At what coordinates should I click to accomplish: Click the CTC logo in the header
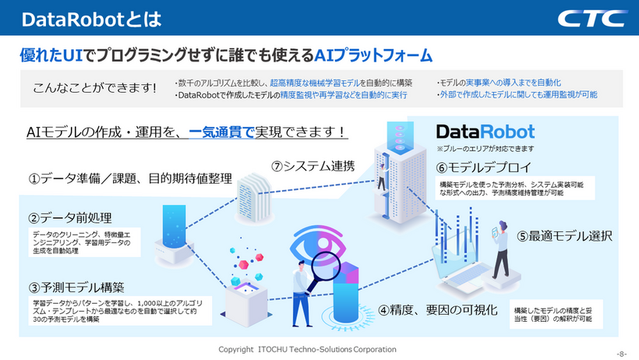(592, 19)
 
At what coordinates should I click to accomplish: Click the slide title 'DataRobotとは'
(92, 19)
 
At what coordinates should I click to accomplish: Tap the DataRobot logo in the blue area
(485, 132)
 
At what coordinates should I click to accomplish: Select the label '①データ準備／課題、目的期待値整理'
(130, 178)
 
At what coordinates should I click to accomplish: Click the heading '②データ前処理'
(69, 218)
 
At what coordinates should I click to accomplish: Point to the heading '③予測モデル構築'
(76, 288)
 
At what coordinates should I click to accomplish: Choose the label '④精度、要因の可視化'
(438, 310)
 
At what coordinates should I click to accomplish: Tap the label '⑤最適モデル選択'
(564, 236)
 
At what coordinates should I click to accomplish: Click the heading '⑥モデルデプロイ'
(484, 168)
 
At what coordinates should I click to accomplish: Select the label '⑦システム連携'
(313, 166)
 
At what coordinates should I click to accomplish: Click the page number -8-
(622, 354)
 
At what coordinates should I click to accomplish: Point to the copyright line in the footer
(307, 349)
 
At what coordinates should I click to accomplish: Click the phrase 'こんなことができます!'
(94, 87)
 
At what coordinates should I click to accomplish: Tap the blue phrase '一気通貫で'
(221, 132)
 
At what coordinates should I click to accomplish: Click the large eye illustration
(318, 245)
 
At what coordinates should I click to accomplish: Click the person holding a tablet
(501, 249)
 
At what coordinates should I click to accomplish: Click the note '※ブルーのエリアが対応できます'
(485, 149)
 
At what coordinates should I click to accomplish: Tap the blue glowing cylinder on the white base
(174, 226)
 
